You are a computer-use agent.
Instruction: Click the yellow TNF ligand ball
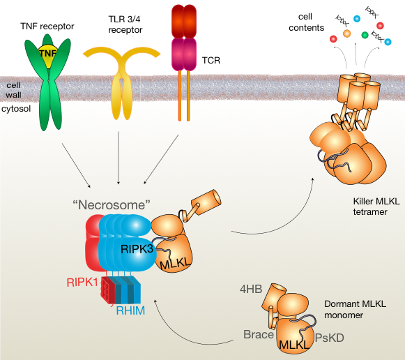pos(47,55)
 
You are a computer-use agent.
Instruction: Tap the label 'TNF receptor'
pos(47,26)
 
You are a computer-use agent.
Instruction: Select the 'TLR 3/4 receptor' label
pos(125,24)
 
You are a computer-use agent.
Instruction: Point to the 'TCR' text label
pos(211,60)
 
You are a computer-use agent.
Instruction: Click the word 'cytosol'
pos(16,109)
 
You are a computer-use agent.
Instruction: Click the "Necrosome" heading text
pos(112,205)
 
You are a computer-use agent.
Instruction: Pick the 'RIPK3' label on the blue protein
pos(137,249)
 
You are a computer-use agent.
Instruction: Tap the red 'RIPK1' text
pos(82,283)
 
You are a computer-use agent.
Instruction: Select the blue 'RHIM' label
pos(130,310)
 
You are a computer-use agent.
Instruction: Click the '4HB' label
pos(251,289)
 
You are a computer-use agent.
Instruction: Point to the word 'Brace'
pos(259,334)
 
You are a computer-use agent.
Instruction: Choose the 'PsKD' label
pos(330,338)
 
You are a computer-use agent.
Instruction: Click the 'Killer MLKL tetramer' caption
pos(376,207)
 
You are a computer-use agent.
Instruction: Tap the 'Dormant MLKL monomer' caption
pos(355,309)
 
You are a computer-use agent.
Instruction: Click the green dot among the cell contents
pos(365,35)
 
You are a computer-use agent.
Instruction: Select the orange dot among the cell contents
pos(347,33)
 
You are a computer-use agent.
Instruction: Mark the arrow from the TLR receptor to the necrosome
pos(119,158)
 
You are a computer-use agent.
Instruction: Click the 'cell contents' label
pos(306,22)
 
